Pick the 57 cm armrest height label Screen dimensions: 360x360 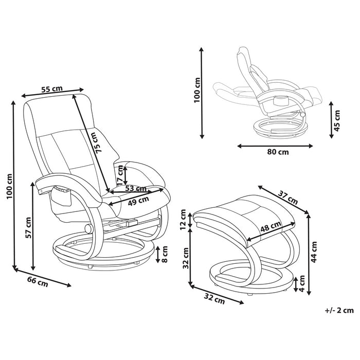click(29, 228)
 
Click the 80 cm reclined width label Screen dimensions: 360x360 click(277, 153)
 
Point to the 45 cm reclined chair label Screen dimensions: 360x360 click(337, 122)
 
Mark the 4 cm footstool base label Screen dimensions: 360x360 click(303, 282)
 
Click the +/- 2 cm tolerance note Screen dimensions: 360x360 click(339, 310)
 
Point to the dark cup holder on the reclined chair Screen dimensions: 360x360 click(282, 99)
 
